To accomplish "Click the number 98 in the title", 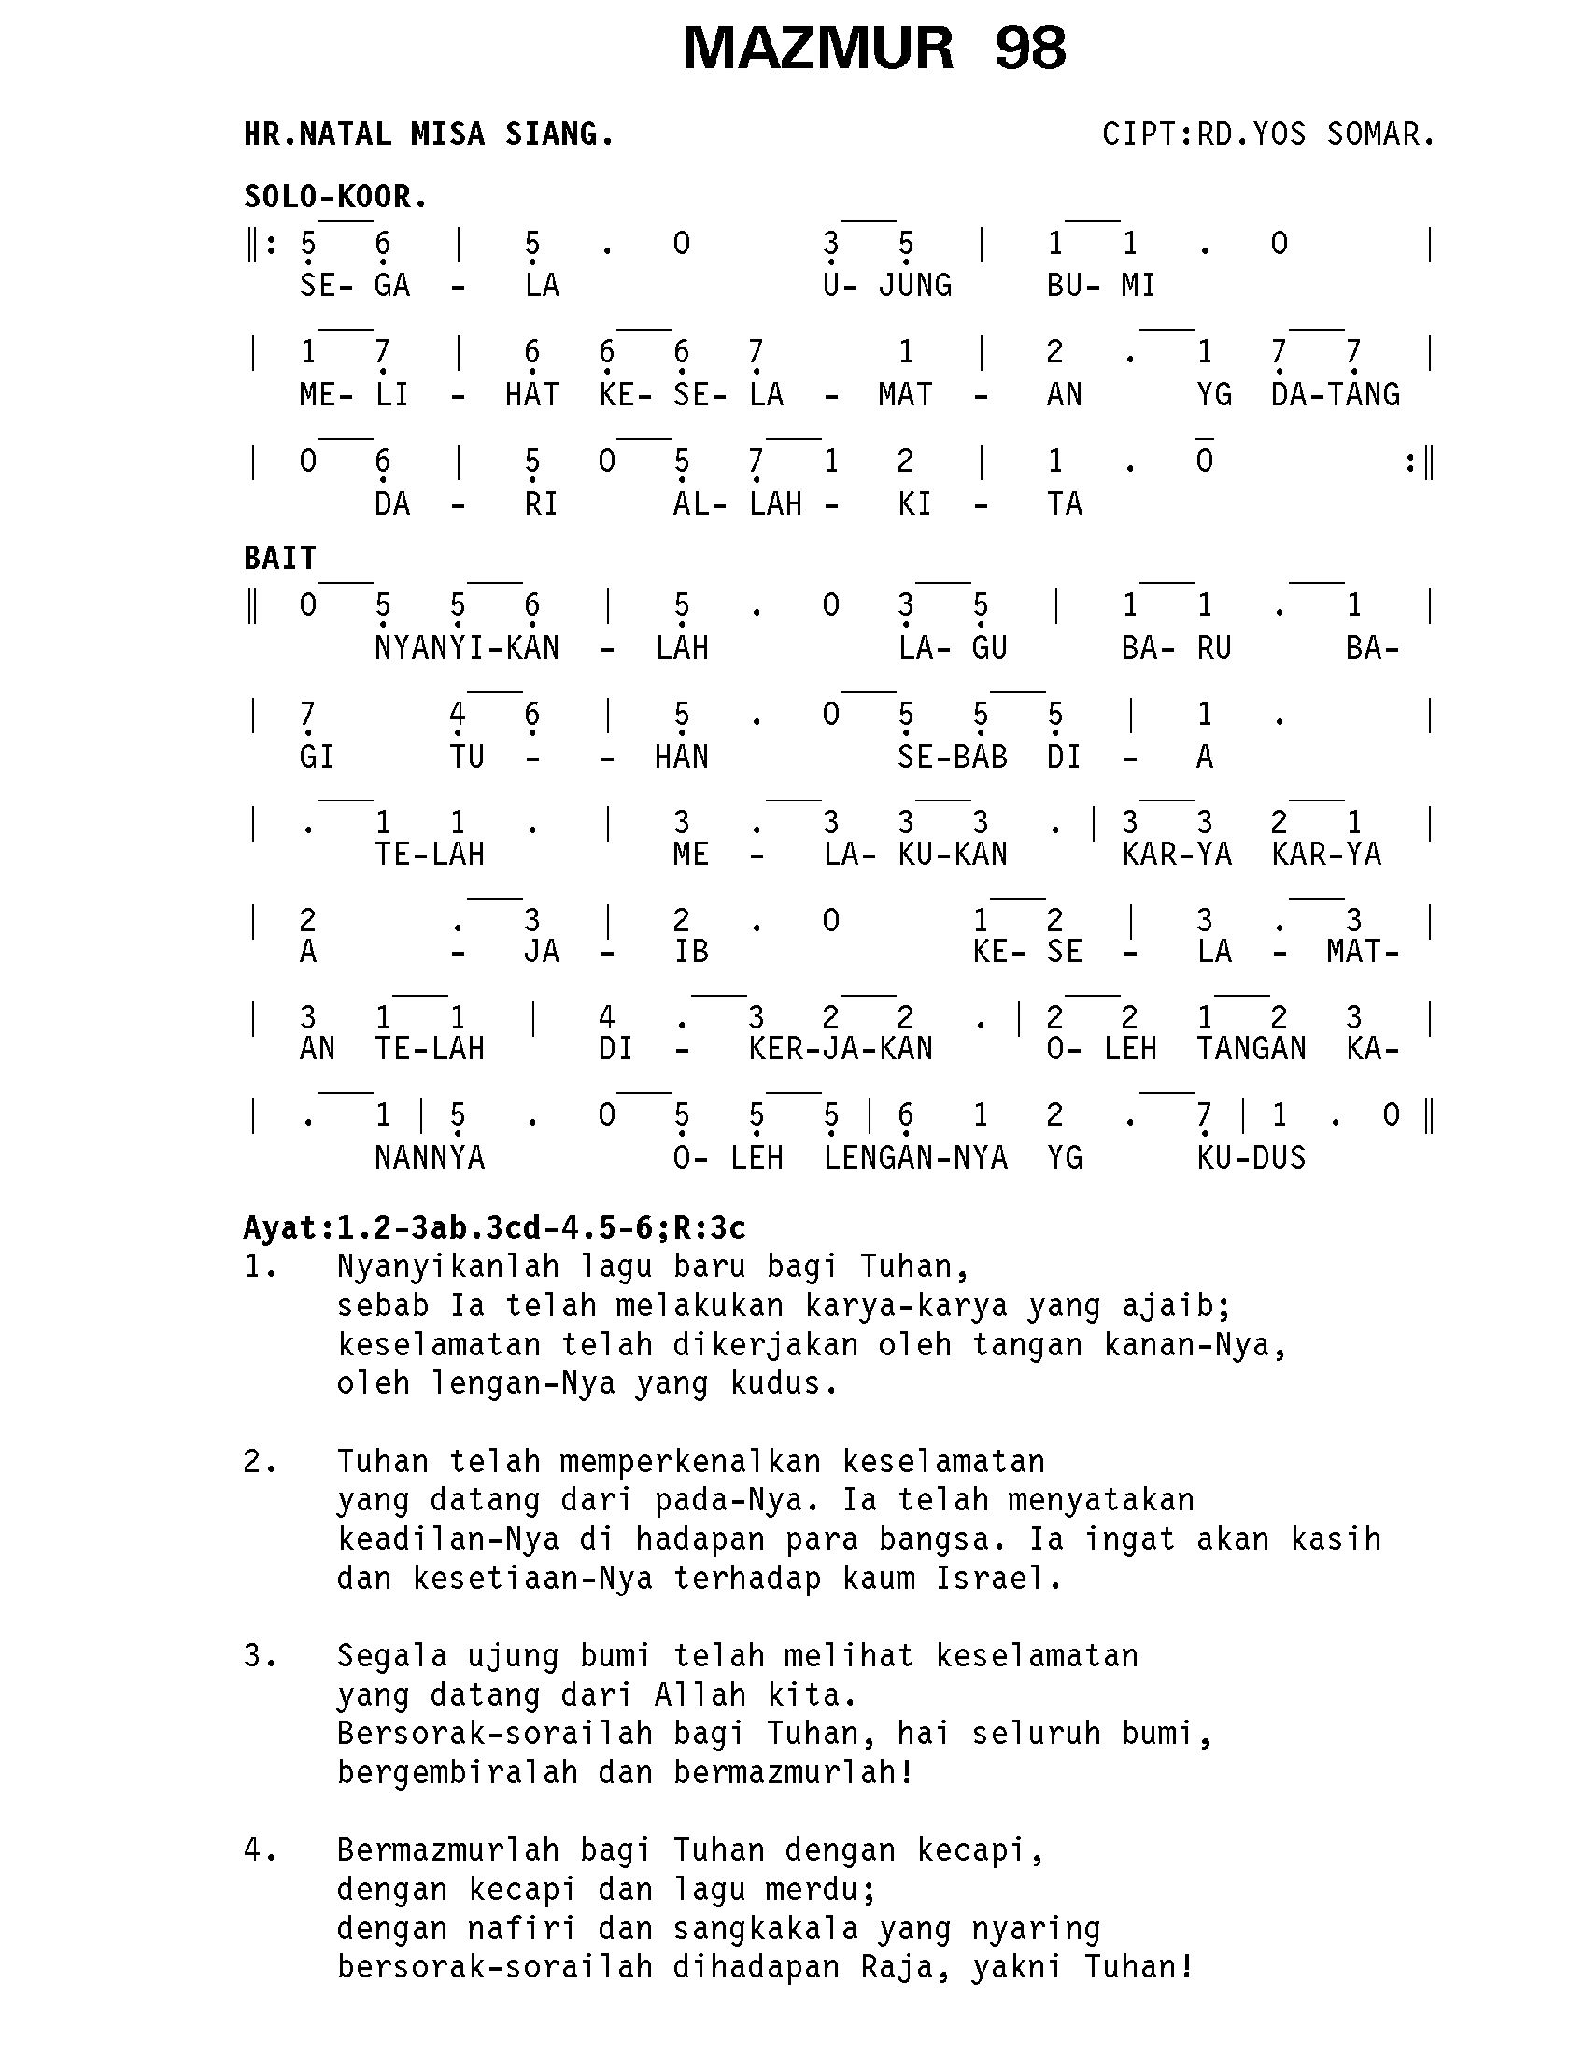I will coord(1030,49).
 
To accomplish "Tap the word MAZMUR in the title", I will coord(817,49).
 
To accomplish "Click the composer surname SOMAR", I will coord(1379,135).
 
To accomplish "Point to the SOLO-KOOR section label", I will coord(336,197).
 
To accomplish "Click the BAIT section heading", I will coord(279,558).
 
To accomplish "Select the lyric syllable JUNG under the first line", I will coord(914,285).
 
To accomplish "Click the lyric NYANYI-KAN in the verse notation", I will coord(467,647).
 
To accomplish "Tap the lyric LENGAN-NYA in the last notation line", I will coord(914,1156).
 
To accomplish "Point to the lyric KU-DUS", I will coord(1251,1156).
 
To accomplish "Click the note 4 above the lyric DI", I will coord(607,1017).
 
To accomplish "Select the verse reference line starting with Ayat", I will coord(494,1227).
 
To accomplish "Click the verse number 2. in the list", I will coord(260,1461).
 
